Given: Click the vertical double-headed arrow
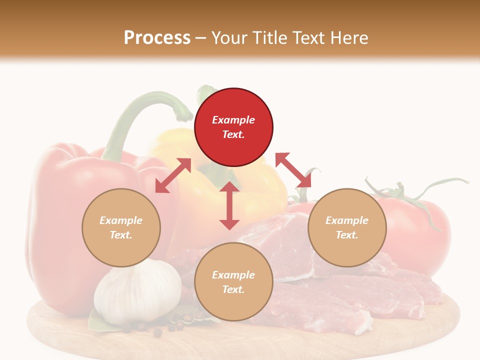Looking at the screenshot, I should click(x=229, y=205).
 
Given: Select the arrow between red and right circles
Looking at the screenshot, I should click(x=293, y=170).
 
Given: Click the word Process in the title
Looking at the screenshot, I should click(x=157, y=37).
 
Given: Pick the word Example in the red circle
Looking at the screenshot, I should click(x=233, y=120).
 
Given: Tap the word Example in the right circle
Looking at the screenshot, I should click(x=347, y=220).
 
